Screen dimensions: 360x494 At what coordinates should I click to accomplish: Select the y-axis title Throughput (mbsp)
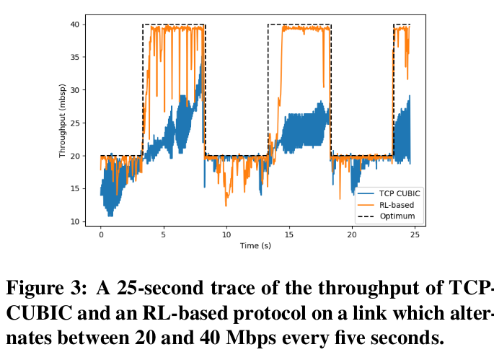coord(63,123)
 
